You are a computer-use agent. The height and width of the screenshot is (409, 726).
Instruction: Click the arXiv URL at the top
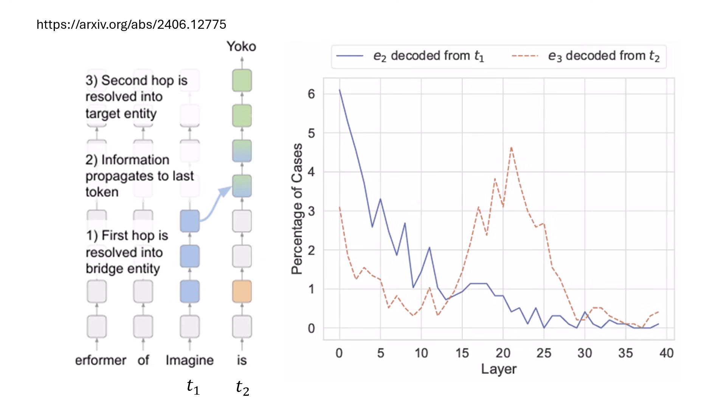click(131, 25)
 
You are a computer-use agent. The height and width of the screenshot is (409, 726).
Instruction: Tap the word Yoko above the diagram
click(241, 47)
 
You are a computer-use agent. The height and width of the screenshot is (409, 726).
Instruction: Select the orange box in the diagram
click(242, 291)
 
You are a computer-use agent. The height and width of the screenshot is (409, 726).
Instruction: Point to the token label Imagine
click(189, 360)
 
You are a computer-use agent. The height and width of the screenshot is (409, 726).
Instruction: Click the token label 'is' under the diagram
click(242, 360)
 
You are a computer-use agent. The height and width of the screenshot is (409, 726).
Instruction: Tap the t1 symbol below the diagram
click(193, 387)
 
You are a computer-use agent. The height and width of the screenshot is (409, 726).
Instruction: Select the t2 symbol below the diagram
click(242, 388)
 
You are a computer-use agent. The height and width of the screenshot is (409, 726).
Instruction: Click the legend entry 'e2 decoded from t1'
click(410, 56)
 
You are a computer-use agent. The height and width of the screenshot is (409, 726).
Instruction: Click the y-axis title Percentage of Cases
click(297, 209)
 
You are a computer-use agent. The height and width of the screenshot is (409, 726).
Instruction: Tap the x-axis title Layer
click(498, 369)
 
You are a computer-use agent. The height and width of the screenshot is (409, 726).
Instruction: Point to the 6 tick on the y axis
click(311, 94)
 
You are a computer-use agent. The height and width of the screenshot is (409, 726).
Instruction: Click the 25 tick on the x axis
click(543, 353)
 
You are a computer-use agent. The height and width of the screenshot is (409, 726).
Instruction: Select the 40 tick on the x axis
click(666, 353)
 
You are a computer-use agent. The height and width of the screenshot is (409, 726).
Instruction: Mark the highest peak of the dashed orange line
click(511, 147)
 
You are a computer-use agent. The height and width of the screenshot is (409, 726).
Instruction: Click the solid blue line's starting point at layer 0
click(340, 90)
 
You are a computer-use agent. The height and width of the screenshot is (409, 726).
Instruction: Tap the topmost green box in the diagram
click(242, 80)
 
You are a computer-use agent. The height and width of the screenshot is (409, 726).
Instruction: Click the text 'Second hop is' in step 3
click(137, 80)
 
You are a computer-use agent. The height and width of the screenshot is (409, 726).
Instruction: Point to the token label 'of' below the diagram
click(143, 360)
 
